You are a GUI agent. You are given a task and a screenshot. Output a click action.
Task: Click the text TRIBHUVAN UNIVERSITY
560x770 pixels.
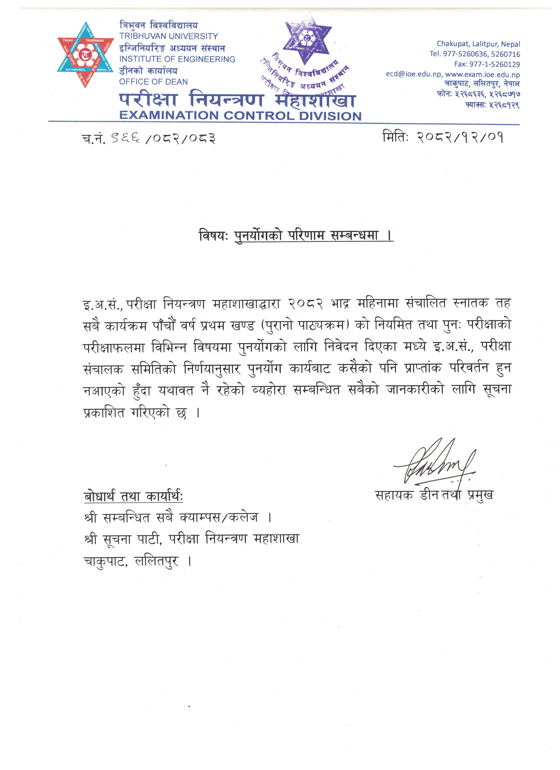pos(168,36)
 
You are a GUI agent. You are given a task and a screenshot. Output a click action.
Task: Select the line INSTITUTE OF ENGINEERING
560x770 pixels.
pos(177,59)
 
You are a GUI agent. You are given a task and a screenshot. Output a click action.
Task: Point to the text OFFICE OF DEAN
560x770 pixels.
pos(153,82)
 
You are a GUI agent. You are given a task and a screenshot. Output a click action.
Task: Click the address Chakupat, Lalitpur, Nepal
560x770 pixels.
pos(478,44)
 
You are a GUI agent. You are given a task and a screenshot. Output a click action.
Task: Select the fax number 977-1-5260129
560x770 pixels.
pos(494,64)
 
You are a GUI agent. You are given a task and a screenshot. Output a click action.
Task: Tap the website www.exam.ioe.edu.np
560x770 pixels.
pos(482,74)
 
